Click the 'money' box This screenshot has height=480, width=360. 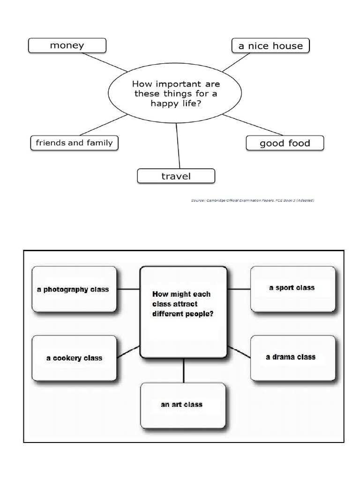coord(67,45)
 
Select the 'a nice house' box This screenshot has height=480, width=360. coord(270,46)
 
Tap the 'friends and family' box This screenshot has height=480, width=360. coord(74,142)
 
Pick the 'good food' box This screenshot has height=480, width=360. coord(285,143)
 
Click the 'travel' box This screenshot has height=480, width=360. coord(176,176)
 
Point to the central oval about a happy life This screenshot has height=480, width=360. coord(175,94)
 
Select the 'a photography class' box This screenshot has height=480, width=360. coord(74,289)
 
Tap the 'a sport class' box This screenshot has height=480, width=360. coord(292,288)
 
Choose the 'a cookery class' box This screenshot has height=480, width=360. coord(74,358)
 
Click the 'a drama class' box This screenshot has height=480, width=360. coord(292,357)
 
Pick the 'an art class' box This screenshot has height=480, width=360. coord(182,404)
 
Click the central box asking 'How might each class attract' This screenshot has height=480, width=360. coord(183,312)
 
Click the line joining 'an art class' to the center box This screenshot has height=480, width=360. coord(183,370)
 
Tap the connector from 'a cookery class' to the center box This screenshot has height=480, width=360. coord(128,352)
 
